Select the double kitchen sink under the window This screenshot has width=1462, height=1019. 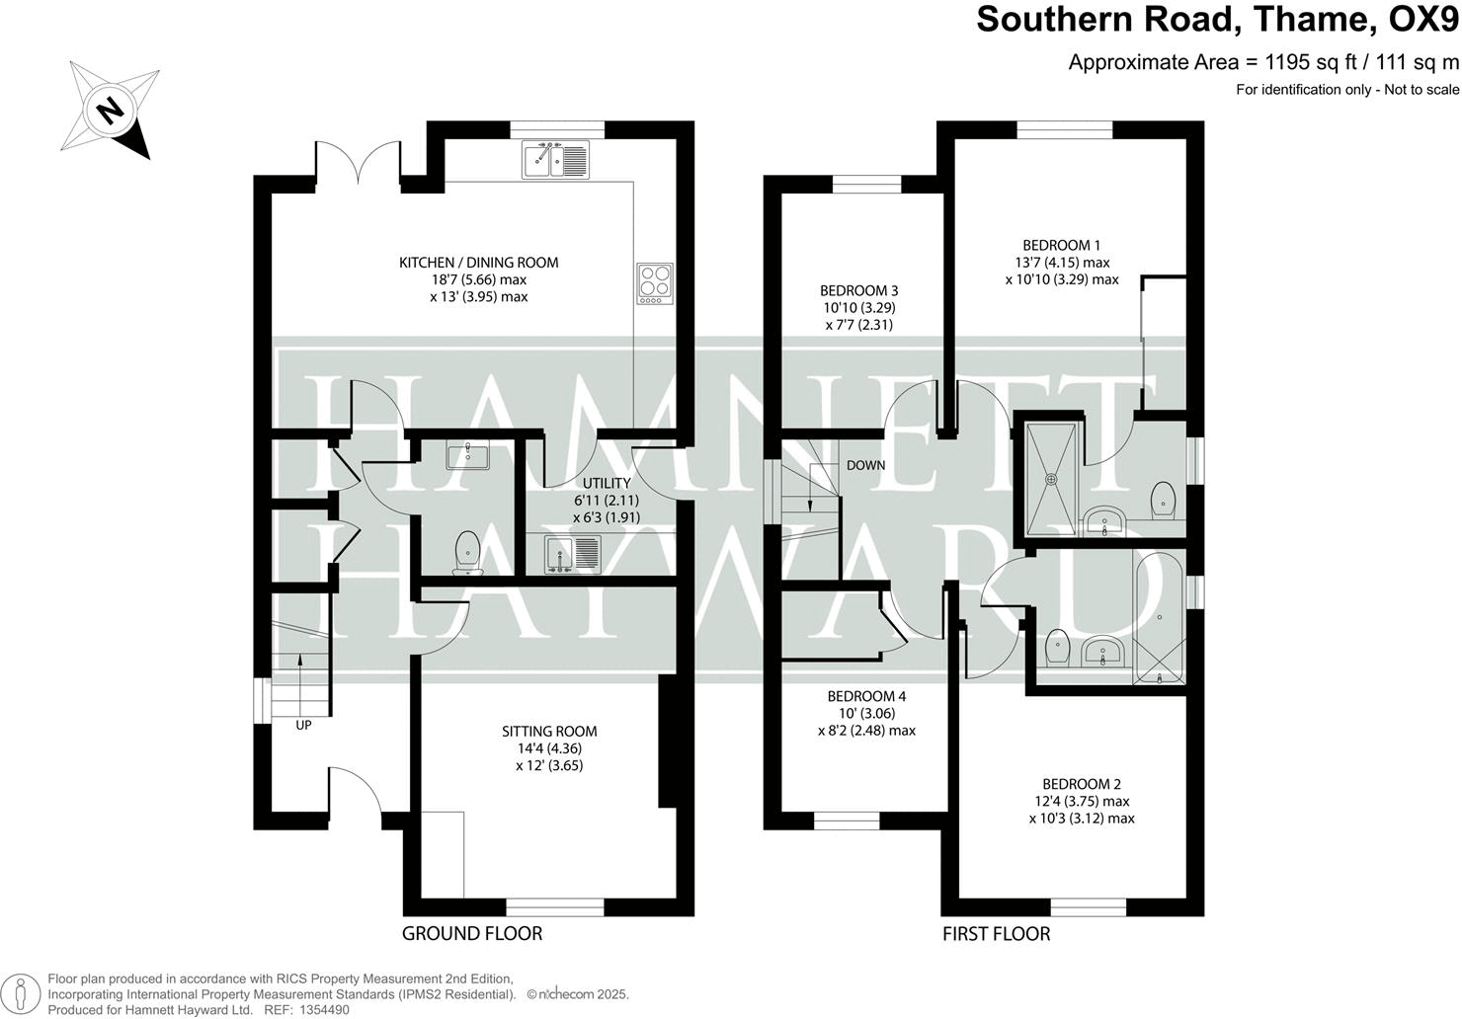tap(555, 159)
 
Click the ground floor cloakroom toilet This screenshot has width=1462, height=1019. tap(466, 553)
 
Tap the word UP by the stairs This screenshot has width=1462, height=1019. tap(303, 725)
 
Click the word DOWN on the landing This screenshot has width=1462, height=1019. tap(865, 465)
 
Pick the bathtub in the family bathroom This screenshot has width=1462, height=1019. tap(1159, 618)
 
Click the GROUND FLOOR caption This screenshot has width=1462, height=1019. tap(472, 933)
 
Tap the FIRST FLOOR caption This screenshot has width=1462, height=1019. tap(996, 933)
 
